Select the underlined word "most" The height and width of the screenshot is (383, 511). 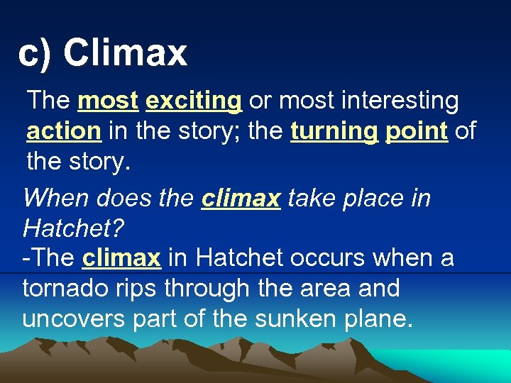(108, 101)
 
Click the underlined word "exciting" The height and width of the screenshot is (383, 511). (193, 101)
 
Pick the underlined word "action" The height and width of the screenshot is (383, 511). (64, 131)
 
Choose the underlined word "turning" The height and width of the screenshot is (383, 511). (334, 131)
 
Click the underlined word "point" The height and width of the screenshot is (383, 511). (417, 131)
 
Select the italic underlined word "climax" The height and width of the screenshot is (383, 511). (241, 199)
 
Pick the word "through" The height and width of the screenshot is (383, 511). (197, 288)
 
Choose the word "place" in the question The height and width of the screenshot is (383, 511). (372, 199)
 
